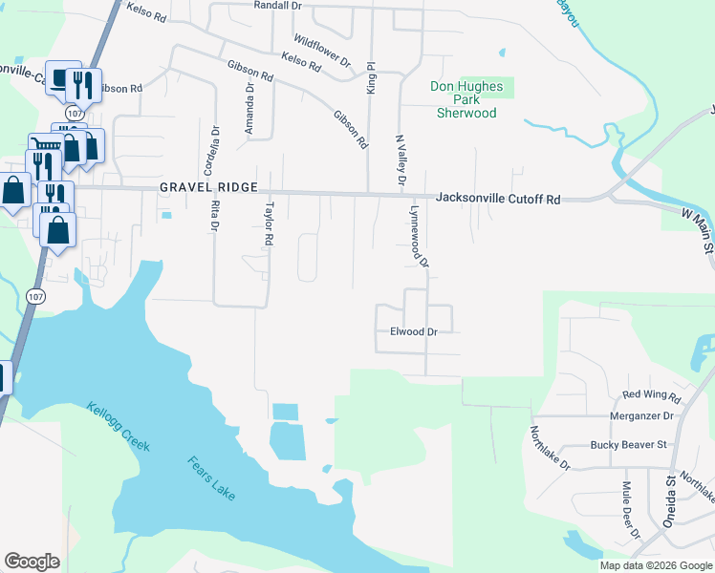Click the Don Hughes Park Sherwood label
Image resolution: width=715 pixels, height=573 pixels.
coord(466,99)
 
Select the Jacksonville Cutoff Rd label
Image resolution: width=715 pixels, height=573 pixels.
coord(498,199)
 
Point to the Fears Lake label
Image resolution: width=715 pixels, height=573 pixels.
coord(210,479)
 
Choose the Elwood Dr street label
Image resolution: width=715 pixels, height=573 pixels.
coord(413,331)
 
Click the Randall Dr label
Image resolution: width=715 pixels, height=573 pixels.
coord(278,6)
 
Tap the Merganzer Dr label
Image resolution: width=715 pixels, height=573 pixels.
coord(641,416)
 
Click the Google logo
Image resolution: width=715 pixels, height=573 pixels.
coord(32,562)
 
